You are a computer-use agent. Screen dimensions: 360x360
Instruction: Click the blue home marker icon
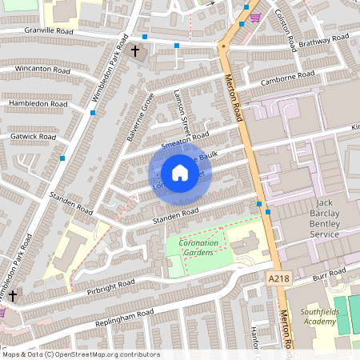click(180, 173)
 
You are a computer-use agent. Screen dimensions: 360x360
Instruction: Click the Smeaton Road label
click(184, 138)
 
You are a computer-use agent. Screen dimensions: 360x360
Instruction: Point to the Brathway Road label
click(324, 38)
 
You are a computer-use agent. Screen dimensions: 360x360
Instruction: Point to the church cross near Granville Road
click(134, 52)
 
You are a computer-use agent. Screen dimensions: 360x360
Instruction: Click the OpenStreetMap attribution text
click(82, 354)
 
